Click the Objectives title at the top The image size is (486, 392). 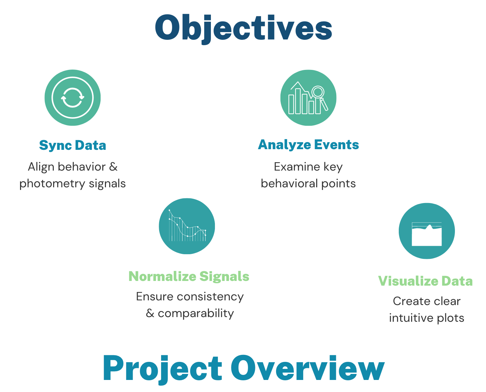(x=243, y=29)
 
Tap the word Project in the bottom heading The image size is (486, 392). (x=162, y=369)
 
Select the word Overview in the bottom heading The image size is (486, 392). (x=308, y=367)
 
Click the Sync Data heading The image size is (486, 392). (x=73, y=145)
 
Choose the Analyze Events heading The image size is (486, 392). (x=308, y=145)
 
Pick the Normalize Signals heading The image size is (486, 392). (x=189, y=276)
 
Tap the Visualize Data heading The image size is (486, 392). (x=426, y=281)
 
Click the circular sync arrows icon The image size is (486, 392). (x=73, y=98)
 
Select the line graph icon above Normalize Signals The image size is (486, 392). (x=187, y=226)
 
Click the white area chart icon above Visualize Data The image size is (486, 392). (x=427, y=234)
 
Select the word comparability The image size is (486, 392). (x=196, y=314)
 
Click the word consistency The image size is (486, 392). (x=210, y=297)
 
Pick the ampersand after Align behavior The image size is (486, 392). (x=113, y=167)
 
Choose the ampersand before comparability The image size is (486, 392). (x=150, y=313)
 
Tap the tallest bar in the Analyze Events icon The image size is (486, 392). (x=298, y=101)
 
